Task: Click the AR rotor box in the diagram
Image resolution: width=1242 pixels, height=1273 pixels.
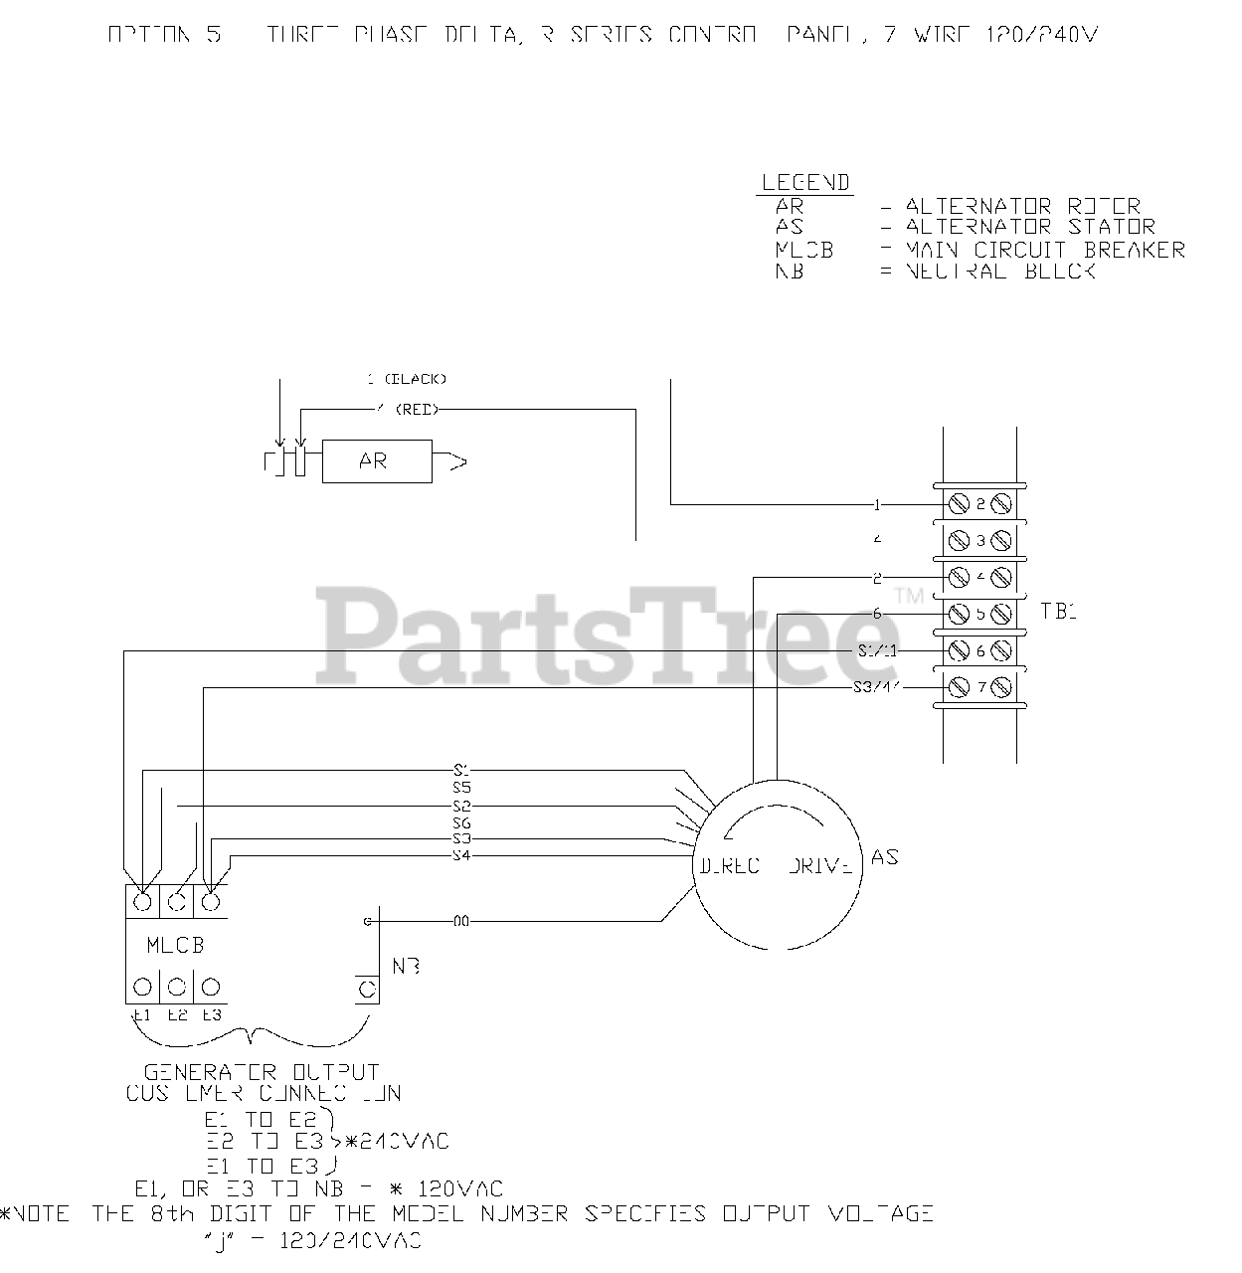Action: tap(377, 461)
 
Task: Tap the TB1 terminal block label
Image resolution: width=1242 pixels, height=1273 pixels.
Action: tap(1059, 612)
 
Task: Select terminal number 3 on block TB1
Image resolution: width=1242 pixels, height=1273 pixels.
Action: tap(979, 541)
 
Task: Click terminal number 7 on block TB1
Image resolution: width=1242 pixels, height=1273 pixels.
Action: tap(979, 686)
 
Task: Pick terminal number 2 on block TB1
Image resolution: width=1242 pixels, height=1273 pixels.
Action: tap(979, 504)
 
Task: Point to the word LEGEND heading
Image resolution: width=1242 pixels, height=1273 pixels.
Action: tap(805, 183)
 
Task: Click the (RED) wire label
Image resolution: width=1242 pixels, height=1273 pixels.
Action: tap(417, 409)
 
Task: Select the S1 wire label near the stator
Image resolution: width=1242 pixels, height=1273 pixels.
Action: tap(460, 769)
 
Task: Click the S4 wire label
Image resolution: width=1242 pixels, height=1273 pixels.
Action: tap(460, 855)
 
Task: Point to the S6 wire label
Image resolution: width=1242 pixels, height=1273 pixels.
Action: tap(460, 822)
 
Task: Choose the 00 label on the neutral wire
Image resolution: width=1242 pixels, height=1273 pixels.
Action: tap(461, 921)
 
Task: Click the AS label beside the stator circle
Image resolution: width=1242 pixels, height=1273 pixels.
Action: tap(884, 856)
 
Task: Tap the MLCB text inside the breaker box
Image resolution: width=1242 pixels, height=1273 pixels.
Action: tap(176, 945)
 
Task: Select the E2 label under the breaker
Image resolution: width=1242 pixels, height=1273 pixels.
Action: tap(177, 1015)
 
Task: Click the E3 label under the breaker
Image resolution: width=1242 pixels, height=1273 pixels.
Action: tap(212, 1015)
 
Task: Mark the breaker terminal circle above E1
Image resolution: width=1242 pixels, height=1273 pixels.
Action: tap(142, 987)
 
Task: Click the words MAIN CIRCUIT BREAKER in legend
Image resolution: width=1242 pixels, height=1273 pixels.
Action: tap(1045, 250)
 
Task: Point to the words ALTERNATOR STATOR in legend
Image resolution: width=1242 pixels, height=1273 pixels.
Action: tap(1030, 228)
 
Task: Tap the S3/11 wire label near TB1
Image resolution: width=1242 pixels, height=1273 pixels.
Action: tap(876, 687)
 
